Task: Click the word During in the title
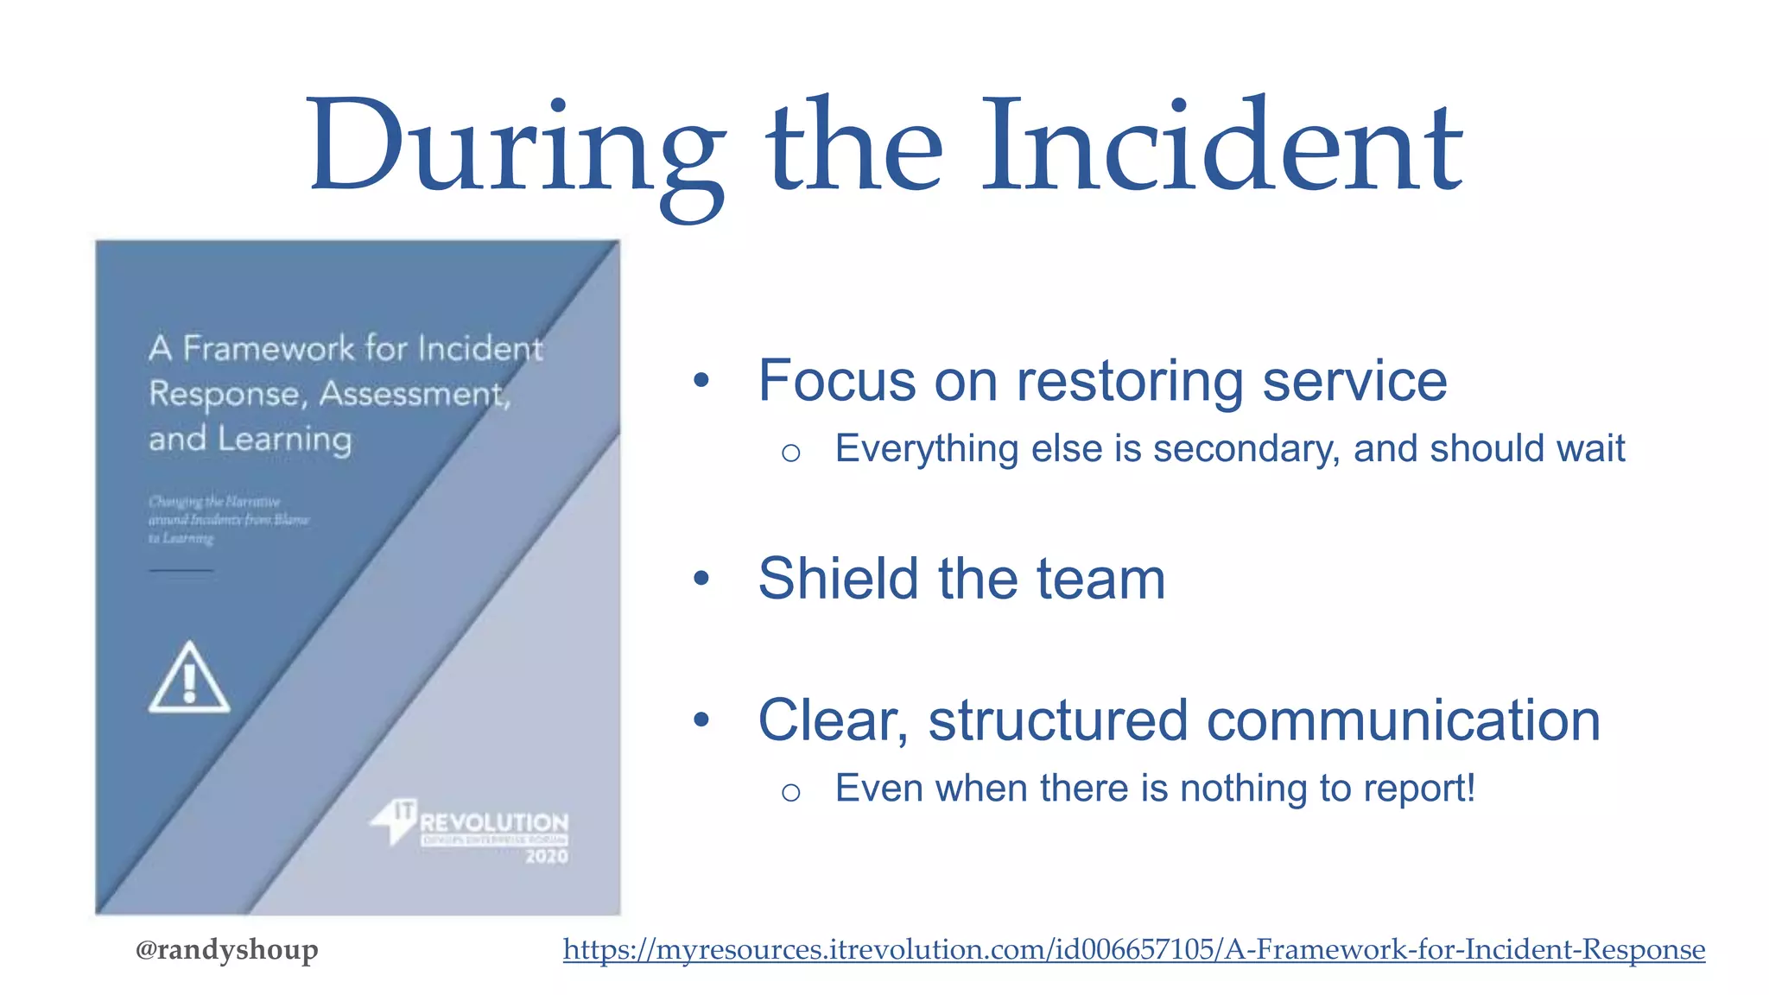[x=516, y=147]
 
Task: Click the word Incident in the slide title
[x=1221, y=147]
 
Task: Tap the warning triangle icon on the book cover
[x=189, y=678]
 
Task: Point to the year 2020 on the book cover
[x=547, y=857]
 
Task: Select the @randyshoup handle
[x=227, y=949]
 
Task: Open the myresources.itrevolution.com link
[x=1133, y=949]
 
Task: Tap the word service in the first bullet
[x=1354, y=381]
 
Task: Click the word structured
[x=1058, y=720]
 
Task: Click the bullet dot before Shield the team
[x=701, y=579]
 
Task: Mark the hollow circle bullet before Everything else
[x=790, y=453]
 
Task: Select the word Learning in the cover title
[x=284, y=439]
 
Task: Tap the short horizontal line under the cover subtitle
[x=181, y=571]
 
